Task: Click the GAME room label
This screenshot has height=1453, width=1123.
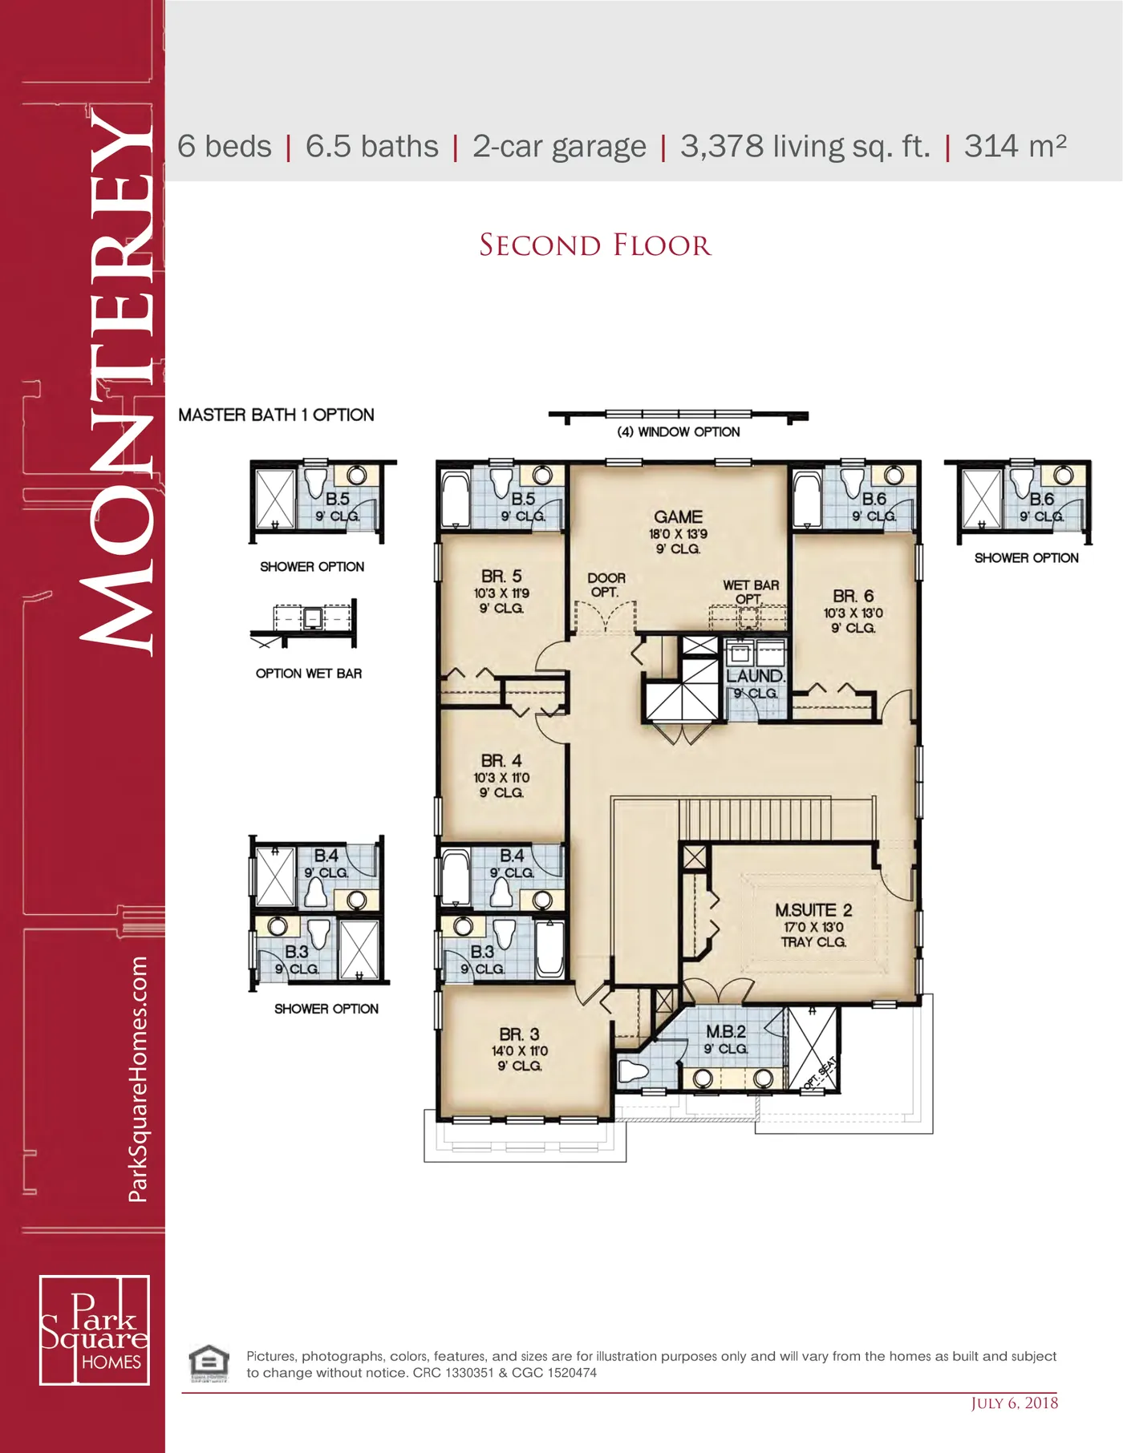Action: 678,517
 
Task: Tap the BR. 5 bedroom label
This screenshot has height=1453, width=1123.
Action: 501,577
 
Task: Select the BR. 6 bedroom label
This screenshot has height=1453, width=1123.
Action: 853,596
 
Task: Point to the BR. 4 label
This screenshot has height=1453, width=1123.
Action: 501,760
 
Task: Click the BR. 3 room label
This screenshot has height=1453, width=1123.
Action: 519,1034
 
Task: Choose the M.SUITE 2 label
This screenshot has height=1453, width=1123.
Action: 813,910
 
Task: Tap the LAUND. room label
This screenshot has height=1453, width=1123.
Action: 756,676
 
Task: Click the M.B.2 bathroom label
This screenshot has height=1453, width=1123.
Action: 726,1032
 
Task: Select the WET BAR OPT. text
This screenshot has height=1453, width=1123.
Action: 751,592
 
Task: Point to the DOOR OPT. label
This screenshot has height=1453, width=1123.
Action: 606,585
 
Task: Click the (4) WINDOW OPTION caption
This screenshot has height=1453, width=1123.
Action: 679,431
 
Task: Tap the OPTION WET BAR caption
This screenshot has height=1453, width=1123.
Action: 309,674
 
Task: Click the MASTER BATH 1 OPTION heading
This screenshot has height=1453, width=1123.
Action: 276,415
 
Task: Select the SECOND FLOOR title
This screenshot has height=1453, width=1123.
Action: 595,245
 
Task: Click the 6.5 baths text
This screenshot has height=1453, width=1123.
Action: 372,147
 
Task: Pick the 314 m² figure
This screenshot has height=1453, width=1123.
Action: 1016,146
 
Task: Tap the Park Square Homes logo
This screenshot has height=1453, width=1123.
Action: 95,1330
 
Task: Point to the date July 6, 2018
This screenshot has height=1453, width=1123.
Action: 1015,1402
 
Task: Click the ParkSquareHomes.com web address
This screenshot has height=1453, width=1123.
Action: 138,1079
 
